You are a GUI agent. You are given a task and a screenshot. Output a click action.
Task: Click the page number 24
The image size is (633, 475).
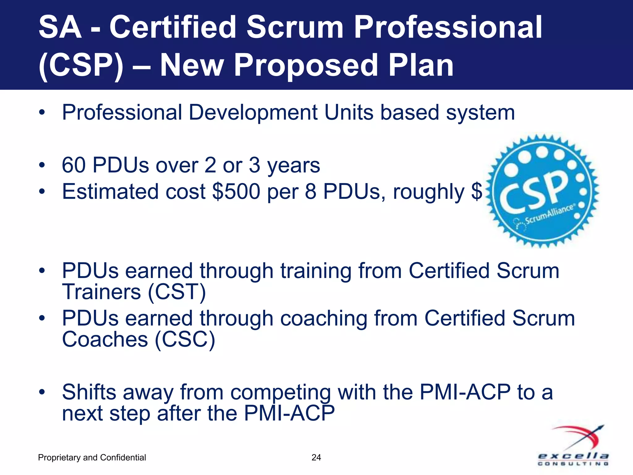[x=316, y=457]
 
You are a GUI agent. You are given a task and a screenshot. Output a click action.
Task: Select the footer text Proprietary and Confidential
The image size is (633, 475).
[x=92, y=457]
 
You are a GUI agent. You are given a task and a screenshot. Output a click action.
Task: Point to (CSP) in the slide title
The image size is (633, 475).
[x=81, y=65]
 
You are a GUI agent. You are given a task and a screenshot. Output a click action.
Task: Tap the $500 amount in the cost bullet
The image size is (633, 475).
[x=236, y=192]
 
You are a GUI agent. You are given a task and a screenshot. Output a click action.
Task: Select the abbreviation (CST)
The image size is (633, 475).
[x=177, y=292]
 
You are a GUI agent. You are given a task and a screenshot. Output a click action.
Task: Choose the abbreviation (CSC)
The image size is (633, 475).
[x=185, y=340]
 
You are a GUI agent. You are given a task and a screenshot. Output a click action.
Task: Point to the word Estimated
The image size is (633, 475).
[x=110, y=192]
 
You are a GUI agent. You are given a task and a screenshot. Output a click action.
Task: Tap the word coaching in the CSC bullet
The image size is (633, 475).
[x=324, y=319]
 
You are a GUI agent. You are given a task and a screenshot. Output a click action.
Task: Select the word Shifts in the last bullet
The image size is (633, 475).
[x=89, y=392]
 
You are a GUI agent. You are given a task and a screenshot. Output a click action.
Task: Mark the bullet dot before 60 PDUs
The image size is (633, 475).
[x=42, y=165]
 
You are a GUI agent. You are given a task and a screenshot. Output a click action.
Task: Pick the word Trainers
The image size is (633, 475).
[x=101, y=292]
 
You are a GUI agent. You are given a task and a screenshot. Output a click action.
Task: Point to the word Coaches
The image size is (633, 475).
[x=105, y=340]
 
